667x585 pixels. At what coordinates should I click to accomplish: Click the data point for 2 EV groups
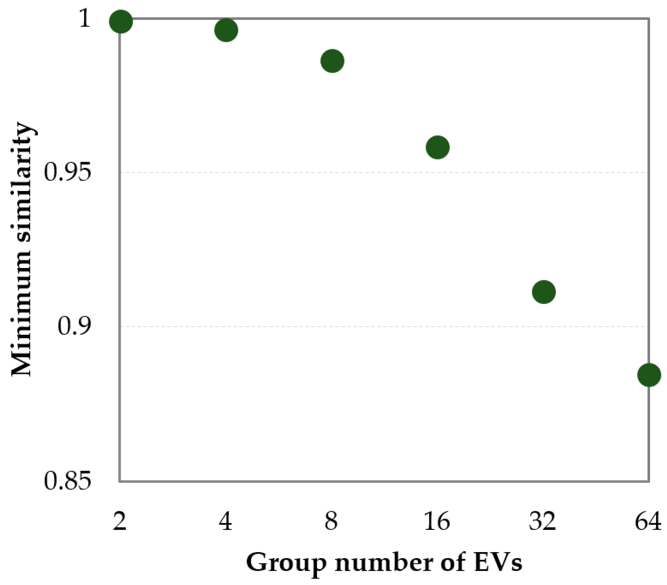(121, 22)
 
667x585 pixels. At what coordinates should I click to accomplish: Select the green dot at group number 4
(226, 30)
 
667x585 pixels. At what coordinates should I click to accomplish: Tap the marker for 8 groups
(332, 61)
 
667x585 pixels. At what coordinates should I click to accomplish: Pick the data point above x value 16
(437, 147)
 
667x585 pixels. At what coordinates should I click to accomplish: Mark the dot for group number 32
(543, 292)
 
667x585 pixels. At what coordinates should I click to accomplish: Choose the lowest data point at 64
(649, 375)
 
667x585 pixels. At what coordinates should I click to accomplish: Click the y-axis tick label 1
(85, 18)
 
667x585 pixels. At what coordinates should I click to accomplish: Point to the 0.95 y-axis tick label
(67, 173)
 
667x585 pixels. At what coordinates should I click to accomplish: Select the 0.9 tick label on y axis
(74, 327)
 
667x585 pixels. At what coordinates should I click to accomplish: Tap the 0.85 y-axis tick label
(67, 481)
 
